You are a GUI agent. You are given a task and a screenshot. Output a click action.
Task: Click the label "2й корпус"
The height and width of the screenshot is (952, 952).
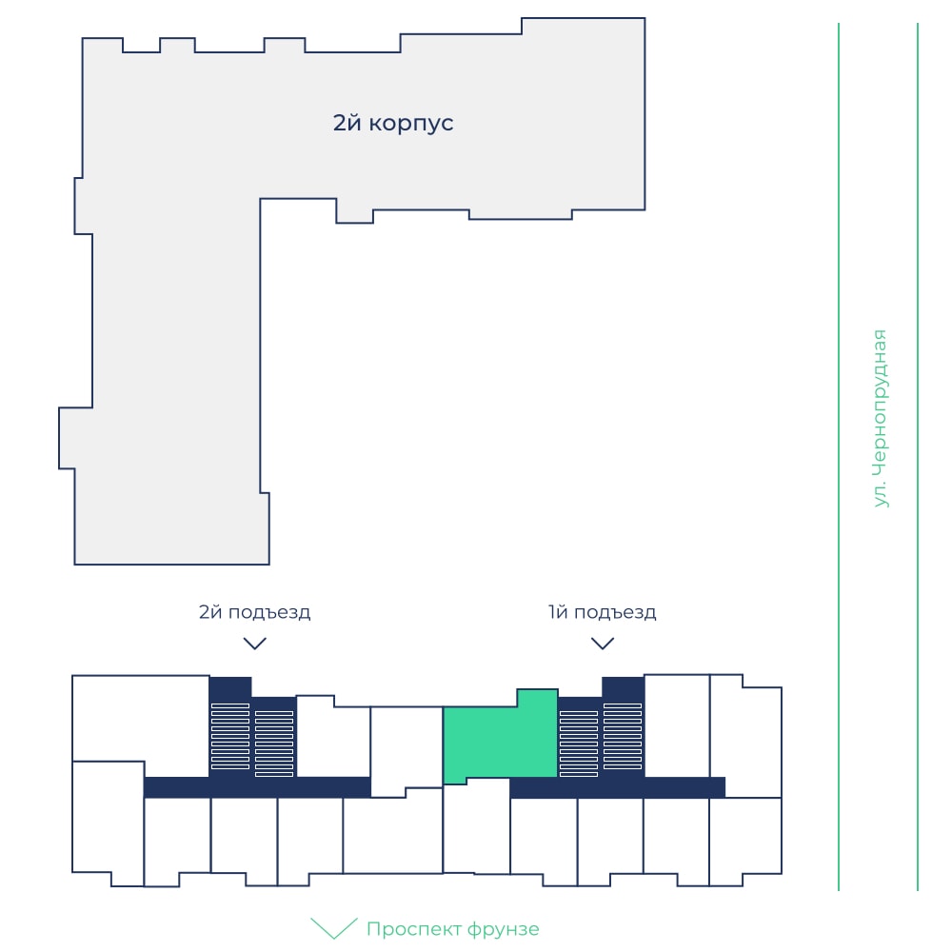click(393, 123)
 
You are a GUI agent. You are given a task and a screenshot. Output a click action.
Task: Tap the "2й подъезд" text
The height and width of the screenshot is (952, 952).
click(254, 612)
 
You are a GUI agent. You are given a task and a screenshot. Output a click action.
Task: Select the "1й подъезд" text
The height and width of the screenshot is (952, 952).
click(602, 612)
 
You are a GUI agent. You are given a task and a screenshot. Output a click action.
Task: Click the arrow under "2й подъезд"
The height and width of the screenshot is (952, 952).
click(255, 643)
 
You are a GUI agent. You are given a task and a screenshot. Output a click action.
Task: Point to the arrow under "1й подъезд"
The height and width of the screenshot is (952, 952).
click(603, 643)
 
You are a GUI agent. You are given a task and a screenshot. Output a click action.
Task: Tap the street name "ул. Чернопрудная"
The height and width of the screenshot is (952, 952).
click(880, 418)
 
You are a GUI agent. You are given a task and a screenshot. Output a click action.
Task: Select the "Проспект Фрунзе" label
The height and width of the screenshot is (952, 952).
click(452, 929)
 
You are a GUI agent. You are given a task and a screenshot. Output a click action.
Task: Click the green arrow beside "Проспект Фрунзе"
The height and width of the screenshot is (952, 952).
click(334, 928)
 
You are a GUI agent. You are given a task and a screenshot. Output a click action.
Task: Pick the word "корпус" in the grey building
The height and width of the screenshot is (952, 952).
click(411, 124)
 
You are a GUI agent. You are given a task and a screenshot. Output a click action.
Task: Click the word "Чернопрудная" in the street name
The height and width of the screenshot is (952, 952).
click(880, 402)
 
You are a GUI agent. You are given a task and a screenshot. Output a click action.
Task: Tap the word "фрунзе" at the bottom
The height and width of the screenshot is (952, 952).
click(504, 929)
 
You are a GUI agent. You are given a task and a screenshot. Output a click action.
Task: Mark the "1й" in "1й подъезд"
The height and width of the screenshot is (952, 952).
click(558, 611)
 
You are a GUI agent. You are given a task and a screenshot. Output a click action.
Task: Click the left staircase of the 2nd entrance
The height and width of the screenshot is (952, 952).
click(230, 737)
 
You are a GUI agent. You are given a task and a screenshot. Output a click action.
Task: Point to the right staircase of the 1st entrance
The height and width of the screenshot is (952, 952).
click(623, 737)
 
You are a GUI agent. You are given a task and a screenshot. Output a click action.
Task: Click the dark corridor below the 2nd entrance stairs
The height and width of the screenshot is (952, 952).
click(257, 787)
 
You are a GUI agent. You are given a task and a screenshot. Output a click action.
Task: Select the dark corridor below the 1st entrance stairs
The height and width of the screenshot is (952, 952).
click(618, 787)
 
